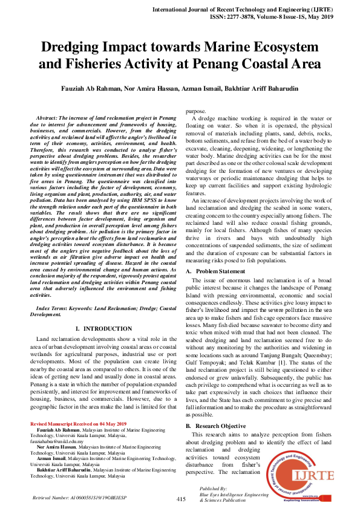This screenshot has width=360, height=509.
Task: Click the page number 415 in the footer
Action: [x=181, y=499]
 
